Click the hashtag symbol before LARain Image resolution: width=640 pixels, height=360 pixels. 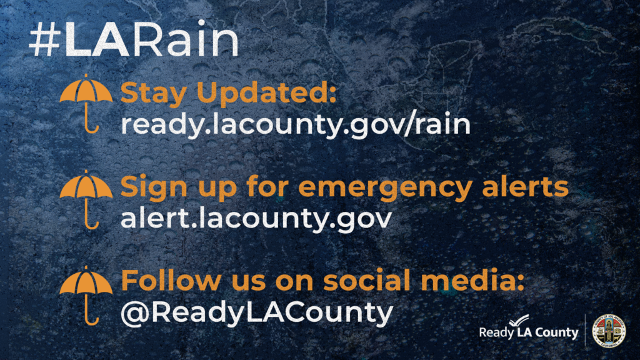[45, 39]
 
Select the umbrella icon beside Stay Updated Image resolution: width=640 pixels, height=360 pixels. [86, 104]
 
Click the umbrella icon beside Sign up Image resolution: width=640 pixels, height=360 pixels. [86, 199]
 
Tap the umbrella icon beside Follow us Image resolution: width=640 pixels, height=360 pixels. [86, 296]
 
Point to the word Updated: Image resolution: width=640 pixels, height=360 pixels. [266, 92]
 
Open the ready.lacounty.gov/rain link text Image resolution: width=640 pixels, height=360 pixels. [296, 124]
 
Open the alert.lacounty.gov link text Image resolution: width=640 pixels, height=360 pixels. [256, 218]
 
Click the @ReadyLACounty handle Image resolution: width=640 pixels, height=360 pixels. [257, 312]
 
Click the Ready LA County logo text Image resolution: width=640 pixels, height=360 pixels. [529, 332]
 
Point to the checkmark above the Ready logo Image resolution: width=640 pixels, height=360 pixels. [519, 321]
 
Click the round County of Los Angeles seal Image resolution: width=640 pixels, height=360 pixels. [609, 331]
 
